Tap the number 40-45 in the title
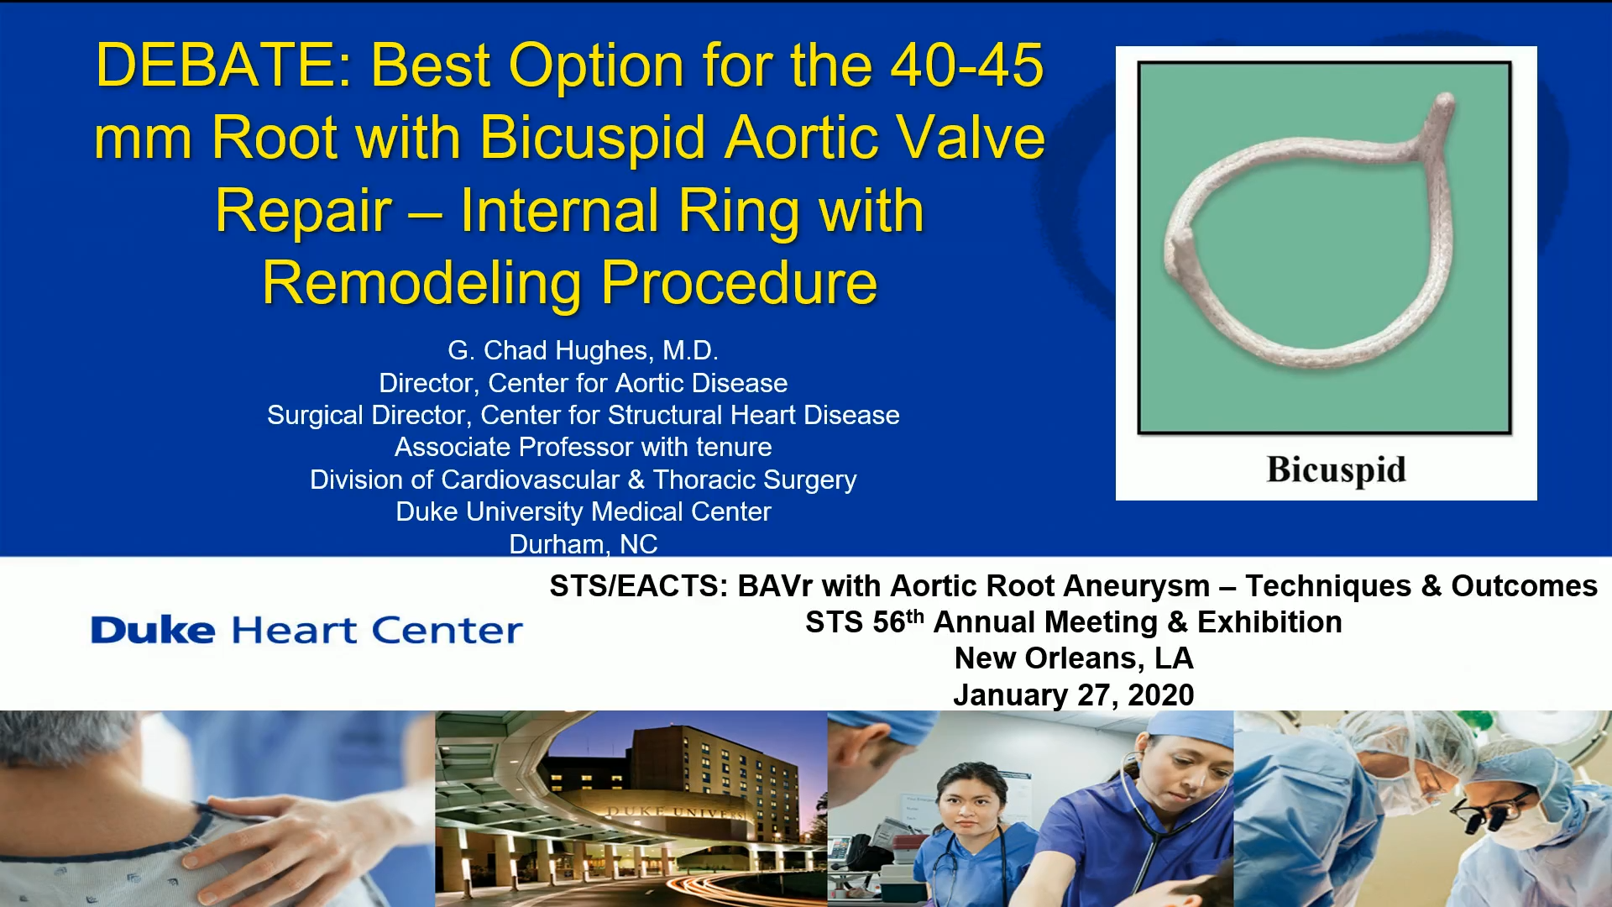coord(966,66)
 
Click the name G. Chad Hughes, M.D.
coord(583,350)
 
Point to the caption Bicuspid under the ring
coord(1336,469)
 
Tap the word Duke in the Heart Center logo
coord(153,631)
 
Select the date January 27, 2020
coord(1073,695)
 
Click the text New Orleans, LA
coord(1073,658)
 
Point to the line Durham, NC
coord(583,544)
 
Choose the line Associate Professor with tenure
coord(583,447)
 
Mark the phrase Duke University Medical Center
coord(583,511)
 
